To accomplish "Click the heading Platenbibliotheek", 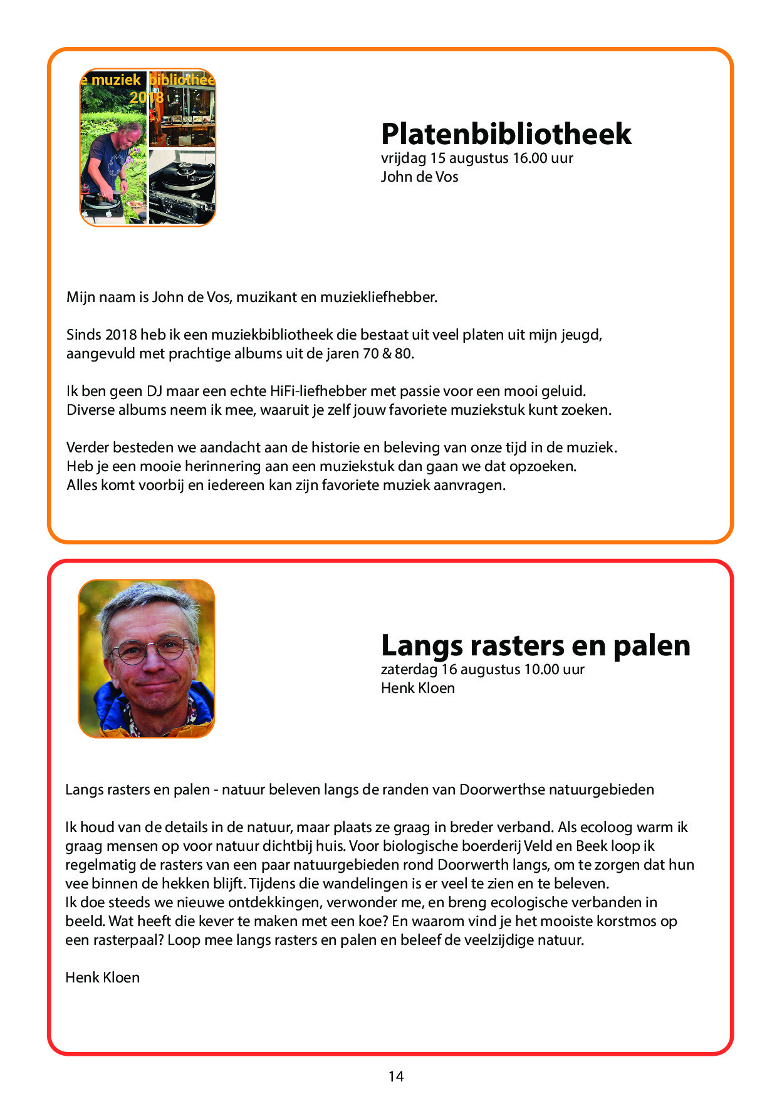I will point(506,134).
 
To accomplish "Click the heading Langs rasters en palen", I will point(535,645).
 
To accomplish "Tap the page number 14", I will point(395,1076).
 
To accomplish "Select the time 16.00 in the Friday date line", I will point(529,158).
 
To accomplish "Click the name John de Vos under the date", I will point(419,177).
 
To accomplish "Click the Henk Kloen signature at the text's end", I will point(102,977).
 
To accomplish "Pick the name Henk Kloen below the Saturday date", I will point(417,688).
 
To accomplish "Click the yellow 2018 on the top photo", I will point(147,97).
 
